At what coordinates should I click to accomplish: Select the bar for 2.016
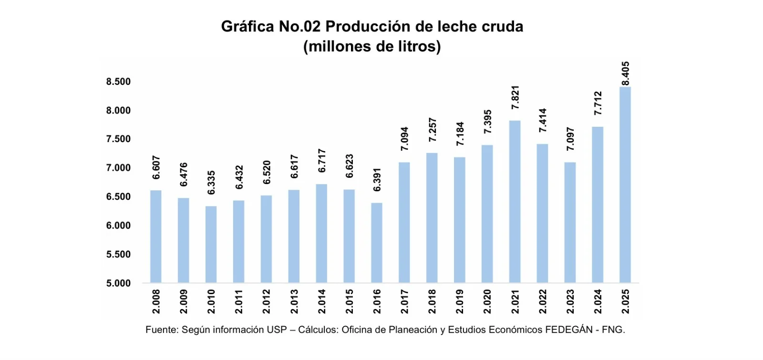pos(376,243)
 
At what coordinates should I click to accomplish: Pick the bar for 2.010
pos(211,244)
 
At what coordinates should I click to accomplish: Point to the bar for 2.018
pos(432,218)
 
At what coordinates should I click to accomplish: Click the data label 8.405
pos(625,73)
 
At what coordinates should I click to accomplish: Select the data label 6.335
pos(211,183)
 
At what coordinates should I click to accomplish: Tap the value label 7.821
pos(515,98)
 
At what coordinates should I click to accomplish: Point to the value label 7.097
pos(570,139)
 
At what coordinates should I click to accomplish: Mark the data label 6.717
pos(322,161)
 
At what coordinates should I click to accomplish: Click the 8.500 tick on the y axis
pos(118,82)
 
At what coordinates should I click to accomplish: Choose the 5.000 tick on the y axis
pos(118,283)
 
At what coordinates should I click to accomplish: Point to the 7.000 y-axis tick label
pos(118,168)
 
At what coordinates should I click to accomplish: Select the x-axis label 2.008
pos(156,301)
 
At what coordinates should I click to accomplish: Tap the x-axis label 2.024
pos(598,301)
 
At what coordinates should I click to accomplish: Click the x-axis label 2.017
pos(404,301)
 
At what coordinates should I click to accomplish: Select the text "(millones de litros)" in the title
pos(372,47)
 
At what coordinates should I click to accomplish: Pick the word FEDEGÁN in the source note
pos(568,329)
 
